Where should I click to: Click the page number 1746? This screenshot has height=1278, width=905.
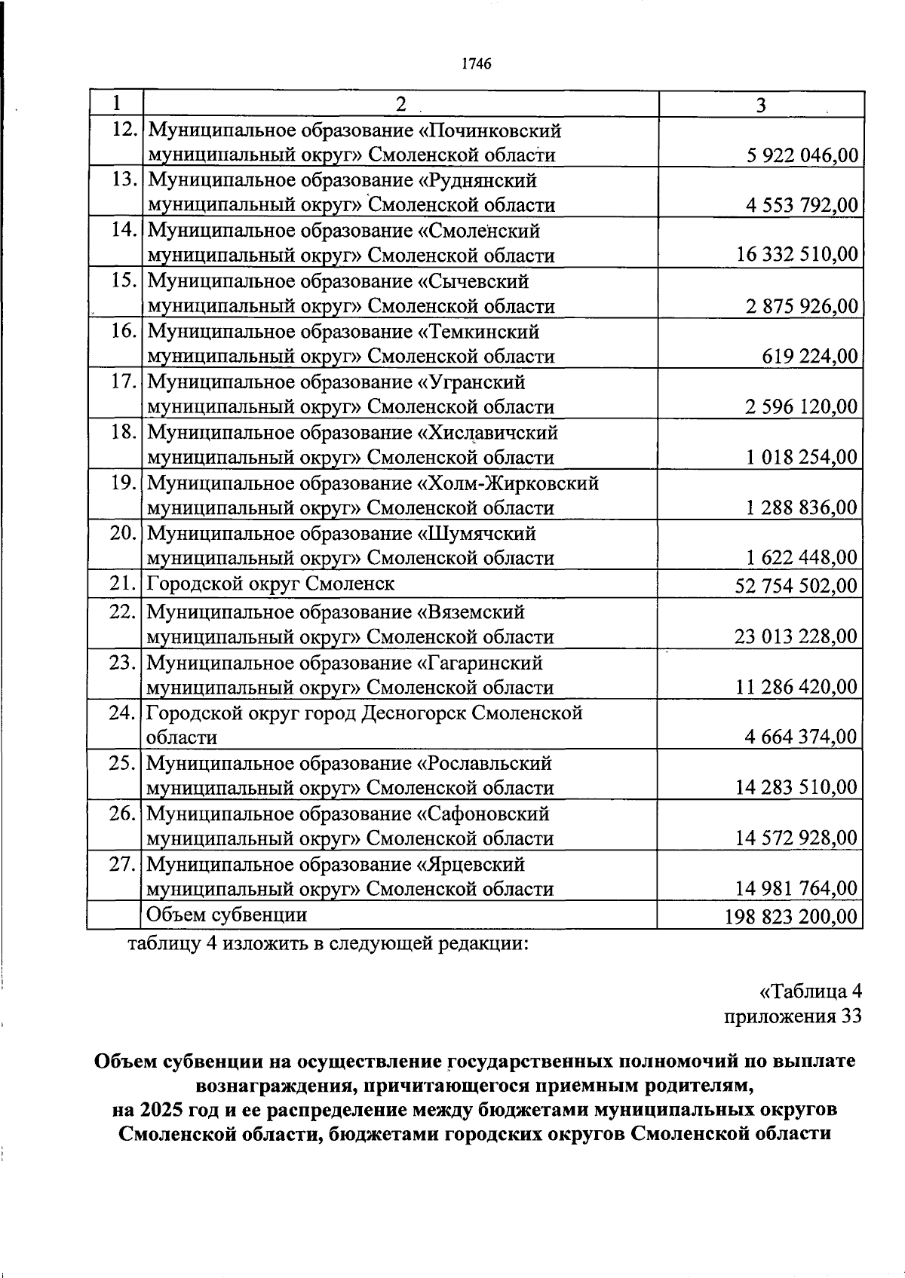[476, 64]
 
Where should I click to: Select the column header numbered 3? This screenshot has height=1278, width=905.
[760, 105]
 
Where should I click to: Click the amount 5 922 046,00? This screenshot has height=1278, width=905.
[802, 155]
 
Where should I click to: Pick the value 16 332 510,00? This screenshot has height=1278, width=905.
[797, 255]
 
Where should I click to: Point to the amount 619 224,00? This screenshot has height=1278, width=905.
[810, 356]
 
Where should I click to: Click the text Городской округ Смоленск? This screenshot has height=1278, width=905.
[270, 584]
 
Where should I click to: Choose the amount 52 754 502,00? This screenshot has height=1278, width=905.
[796, 586]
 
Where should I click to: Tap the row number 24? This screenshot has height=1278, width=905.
[122, 713]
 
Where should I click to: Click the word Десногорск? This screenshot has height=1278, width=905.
[413, 713]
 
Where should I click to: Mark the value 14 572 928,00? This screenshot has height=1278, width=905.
[796, 838]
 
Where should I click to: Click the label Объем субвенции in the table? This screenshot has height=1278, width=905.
[226, 915]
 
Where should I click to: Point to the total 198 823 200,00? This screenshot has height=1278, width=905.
[791, 917]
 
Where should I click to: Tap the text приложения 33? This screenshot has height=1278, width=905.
[792, 1016]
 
